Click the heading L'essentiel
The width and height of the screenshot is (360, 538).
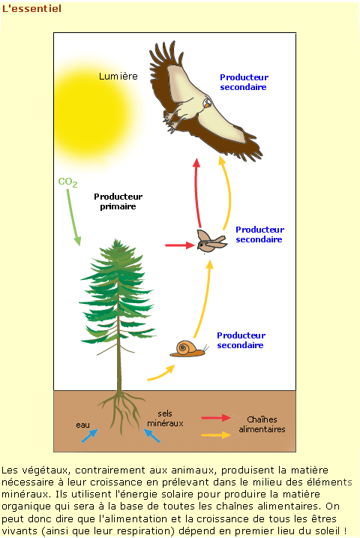[x=31, y=8]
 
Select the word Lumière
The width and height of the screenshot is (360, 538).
[x=118, y=77]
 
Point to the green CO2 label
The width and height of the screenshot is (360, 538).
[x=67, y=182]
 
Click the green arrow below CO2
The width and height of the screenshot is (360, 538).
[x=73, y=218]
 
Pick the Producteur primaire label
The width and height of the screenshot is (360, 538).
[x=118, y=201]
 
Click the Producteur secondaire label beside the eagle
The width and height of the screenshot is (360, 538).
[x=244, y=82]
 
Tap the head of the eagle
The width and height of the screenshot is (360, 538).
[x=207, y=103]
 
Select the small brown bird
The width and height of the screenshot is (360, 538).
[x=211, y=241]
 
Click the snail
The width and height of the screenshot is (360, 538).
[x=189, y=349]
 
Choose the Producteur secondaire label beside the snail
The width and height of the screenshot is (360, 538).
[x=241, y=340]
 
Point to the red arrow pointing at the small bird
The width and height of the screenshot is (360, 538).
[x=180, y=245]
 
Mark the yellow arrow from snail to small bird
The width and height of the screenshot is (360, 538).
[x=205, y=299]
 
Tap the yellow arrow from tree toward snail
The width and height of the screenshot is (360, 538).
[x=162, y=374]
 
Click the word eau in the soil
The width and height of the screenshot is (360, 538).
[x=82, y=425]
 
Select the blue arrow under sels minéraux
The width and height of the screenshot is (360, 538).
[x=151, y=435]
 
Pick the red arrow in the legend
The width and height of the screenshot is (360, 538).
[x=216, y=417]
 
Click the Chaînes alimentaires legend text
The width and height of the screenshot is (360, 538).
[x=262, y=425]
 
